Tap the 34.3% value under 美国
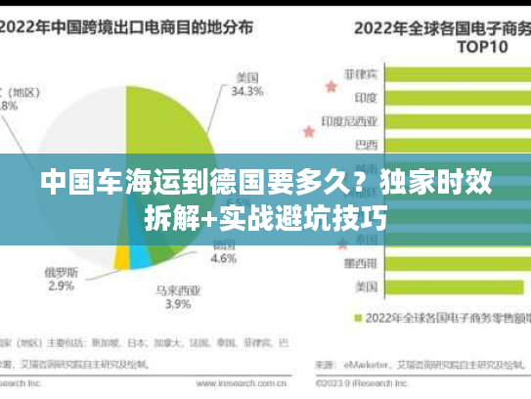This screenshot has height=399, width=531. click(x=244, y=92)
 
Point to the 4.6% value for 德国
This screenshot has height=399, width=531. click(x=224, y=259)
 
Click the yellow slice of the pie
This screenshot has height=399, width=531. click(x=121, y=256)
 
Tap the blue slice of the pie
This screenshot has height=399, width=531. click(x=140, y=258)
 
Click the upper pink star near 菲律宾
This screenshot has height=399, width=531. click(x=331, y=86)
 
